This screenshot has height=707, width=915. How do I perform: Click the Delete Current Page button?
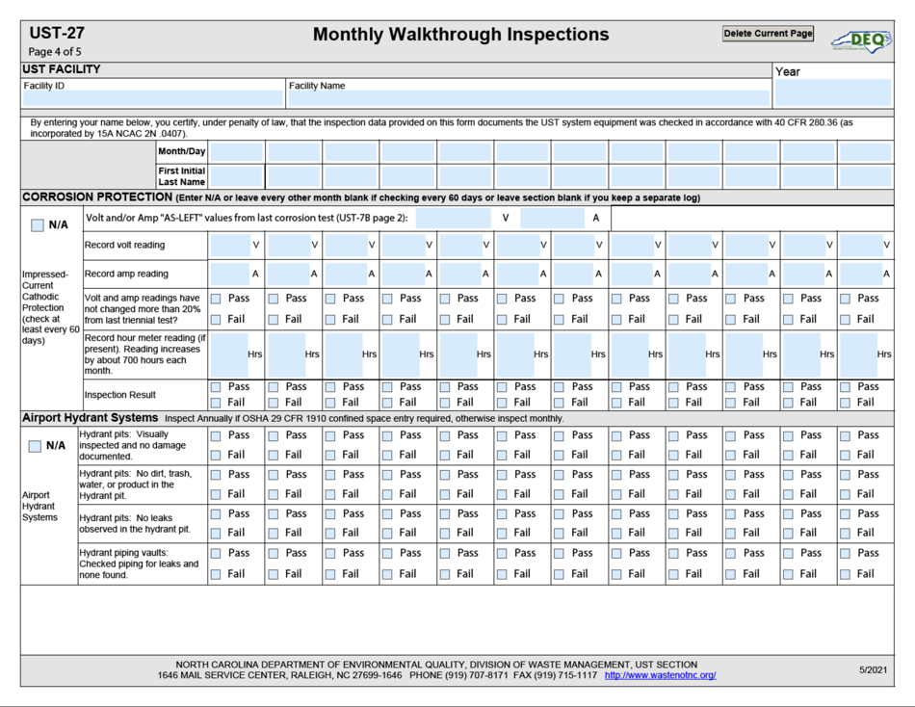tap(768, 34)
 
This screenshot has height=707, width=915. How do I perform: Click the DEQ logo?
tap(860, 39)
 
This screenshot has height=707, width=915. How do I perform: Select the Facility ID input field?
tap(152, 98)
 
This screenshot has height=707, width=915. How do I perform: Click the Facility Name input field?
tap(529, 98)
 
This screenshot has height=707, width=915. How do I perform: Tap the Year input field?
tap(832, 93)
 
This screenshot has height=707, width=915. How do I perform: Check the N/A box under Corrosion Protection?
tap(38, 225)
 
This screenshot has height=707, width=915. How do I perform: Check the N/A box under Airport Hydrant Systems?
tap(36, 446)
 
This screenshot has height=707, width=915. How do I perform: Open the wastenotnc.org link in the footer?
tap(660, 675)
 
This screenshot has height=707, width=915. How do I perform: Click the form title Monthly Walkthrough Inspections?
tap(460, 35)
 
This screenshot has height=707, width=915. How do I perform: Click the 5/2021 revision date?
tap(873, 669)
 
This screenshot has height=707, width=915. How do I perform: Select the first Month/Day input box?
tap(236, 152)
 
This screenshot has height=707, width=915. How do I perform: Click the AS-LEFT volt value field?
tap(453, 219)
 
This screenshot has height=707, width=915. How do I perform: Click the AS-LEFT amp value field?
tap(552, 219)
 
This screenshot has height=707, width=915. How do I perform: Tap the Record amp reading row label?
tap(126, 274)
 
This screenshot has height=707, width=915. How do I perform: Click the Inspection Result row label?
tap(120, 395)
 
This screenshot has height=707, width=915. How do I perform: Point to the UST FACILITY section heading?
tap(62, 69)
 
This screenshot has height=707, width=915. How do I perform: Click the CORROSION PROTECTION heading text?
tap(96, 197)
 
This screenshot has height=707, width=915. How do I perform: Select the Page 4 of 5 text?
tap(55, 52)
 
